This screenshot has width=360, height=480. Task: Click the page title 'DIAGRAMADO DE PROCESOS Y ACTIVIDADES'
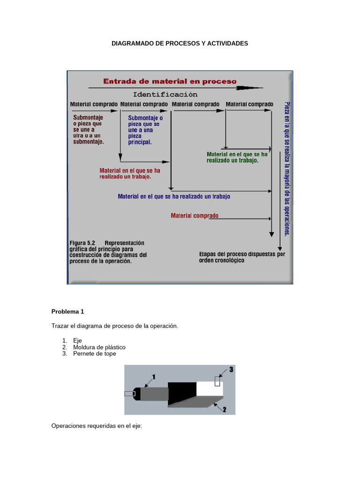pos(180,43)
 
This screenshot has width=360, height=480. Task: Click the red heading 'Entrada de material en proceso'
pos(170,81)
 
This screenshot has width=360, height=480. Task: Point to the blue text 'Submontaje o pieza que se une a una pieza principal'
pos(145,130)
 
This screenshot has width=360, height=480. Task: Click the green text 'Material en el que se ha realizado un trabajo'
pos(237,157)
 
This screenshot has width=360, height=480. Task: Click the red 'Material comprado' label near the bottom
pos(194,216)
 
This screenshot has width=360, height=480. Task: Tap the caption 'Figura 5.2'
pos(82,243)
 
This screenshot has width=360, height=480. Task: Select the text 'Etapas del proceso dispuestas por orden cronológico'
pos(241,257)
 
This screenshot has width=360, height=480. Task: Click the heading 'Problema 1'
pos(67,311)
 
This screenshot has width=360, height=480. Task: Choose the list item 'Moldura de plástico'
pos(99,347)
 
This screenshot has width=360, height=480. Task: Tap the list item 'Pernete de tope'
pos(95,354)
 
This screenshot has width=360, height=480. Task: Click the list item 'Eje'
pos(78,341)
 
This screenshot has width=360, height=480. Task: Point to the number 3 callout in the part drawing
pos(231,370)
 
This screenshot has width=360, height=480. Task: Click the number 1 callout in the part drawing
pos(154,376)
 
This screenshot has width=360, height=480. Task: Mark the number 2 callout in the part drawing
pos(225,409)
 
